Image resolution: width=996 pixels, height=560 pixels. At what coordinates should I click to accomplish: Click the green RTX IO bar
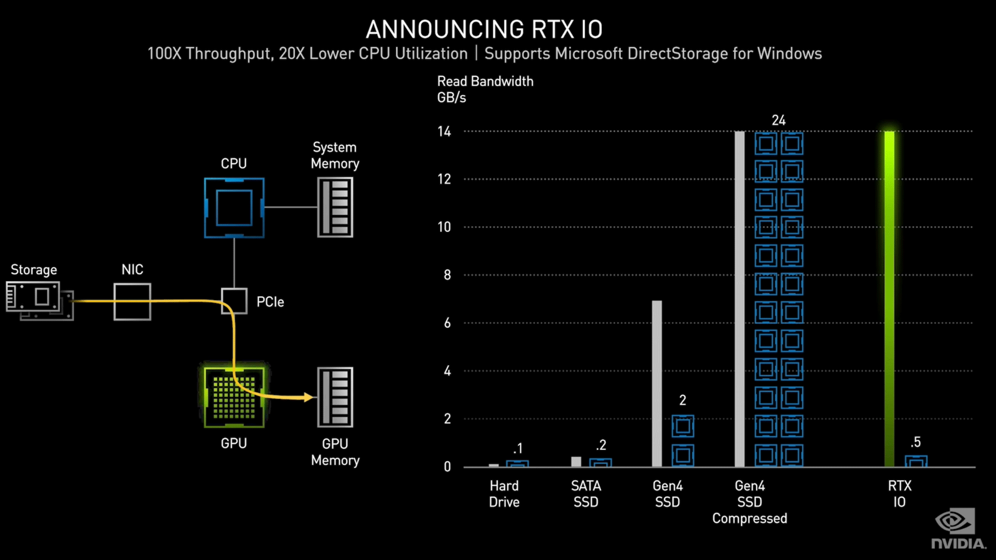tap(889, 299)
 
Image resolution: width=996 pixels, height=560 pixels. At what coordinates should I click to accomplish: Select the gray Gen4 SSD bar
tap(657, 384)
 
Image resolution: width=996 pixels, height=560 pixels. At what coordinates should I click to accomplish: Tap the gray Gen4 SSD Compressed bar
tap(740, 299)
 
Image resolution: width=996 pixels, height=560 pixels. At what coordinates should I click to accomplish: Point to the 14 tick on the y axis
tap(444, 131)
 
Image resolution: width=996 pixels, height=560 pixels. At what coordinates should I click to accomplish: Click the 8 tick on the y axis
tap(447, 275)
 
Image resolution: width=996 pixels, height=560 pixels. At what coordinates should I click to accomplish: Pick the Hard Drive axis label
tap(504, 494)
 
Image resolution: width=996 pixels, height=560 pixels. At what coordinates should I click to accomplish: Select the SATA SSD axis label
tap(586, 494)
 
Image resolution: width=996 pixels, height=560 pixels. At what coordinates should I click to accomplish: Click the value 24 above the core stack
tap(779, 120)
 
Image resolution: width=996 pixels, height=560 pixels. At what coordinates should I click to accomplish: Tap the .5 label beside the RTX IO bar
tap(916, 442)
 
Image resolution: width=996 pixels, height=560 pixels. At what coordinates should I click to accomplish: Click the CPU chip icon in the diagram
tap(234, 208)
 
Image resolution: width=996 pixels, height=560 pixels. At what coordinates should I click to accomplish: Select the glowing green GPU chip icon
tap(234, 397)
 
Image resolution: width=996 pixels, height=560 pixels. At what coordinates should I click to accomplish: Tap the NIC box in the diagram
tap(132, 301)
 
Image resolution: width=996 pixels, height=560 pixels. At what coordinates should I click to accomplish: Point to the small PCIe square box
tap(234, 301)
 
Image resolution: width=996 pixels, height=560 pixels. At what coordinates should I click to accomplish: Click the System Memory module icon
tap(335, 207)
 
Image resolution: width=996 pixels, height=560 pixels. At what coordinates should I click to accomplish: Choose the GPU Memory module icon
tap(335, 397)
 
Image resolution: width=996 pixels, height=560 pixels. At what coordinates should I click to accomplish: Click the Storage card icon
tap(39, 301)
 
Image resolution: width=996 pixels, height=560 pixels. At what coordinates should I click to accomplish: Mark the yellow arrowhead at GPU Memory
tap(309, 397)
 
